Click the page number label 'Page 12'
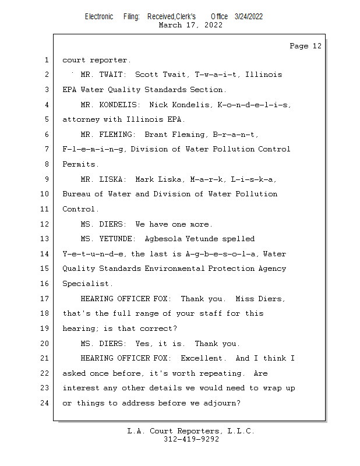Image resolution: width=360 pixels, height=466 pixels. coord(305,46)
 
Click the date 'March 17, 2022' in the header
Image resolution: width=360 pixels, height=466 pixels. coord(190,25)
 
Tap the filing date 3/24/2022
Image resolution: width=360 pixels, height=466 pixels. coord(249,16)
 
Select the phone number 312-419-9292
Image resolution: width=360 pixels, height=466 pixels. coord(191,439)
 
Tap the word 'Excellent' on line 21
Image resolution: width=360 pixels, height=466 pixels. coord(201,358)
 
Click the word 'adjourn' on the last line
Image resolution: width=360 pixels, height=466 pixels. coord(221,403)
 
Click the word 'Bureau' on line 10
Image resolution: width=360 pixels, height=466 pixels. coord(76,194)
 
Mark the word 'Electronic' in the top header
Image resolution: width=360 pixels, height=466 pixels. coord(99,16)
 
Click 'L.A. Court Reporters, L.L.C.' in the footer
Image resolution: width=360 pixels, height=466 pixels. coord(191,431)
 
